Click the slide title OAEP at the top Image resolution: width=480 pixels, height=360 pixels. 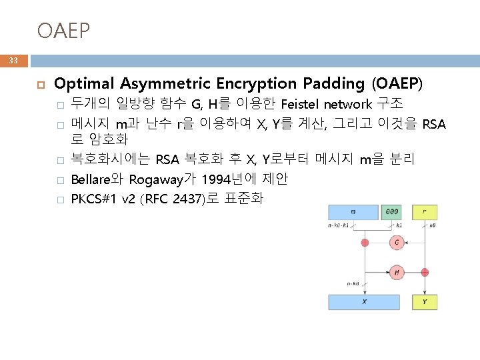pos(63,30)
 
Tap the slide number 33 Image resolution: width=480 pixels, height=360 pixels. pos(13,61)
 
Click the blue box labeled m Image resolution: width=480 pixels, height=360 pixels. pos(353,212)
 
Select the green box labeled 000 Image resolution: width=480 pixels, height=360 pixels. pos(391,212)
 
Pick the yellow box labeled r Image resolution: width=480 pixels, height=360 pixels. pos(425,212)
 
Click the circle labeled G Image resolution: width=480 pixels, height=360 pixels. pos(397,243)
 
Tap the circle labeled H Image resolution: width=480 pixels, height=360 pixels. pos(397,272)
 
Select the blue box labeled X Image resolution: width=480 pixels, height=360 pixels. pos(364,302)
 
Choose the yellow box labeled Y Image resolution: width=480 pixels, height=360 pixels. pos(425,302)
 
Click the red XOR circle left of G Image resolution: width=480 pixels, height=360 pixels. pos(365,243)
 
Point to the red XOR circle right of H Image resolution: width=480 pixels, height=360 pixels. pos(425,272)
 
